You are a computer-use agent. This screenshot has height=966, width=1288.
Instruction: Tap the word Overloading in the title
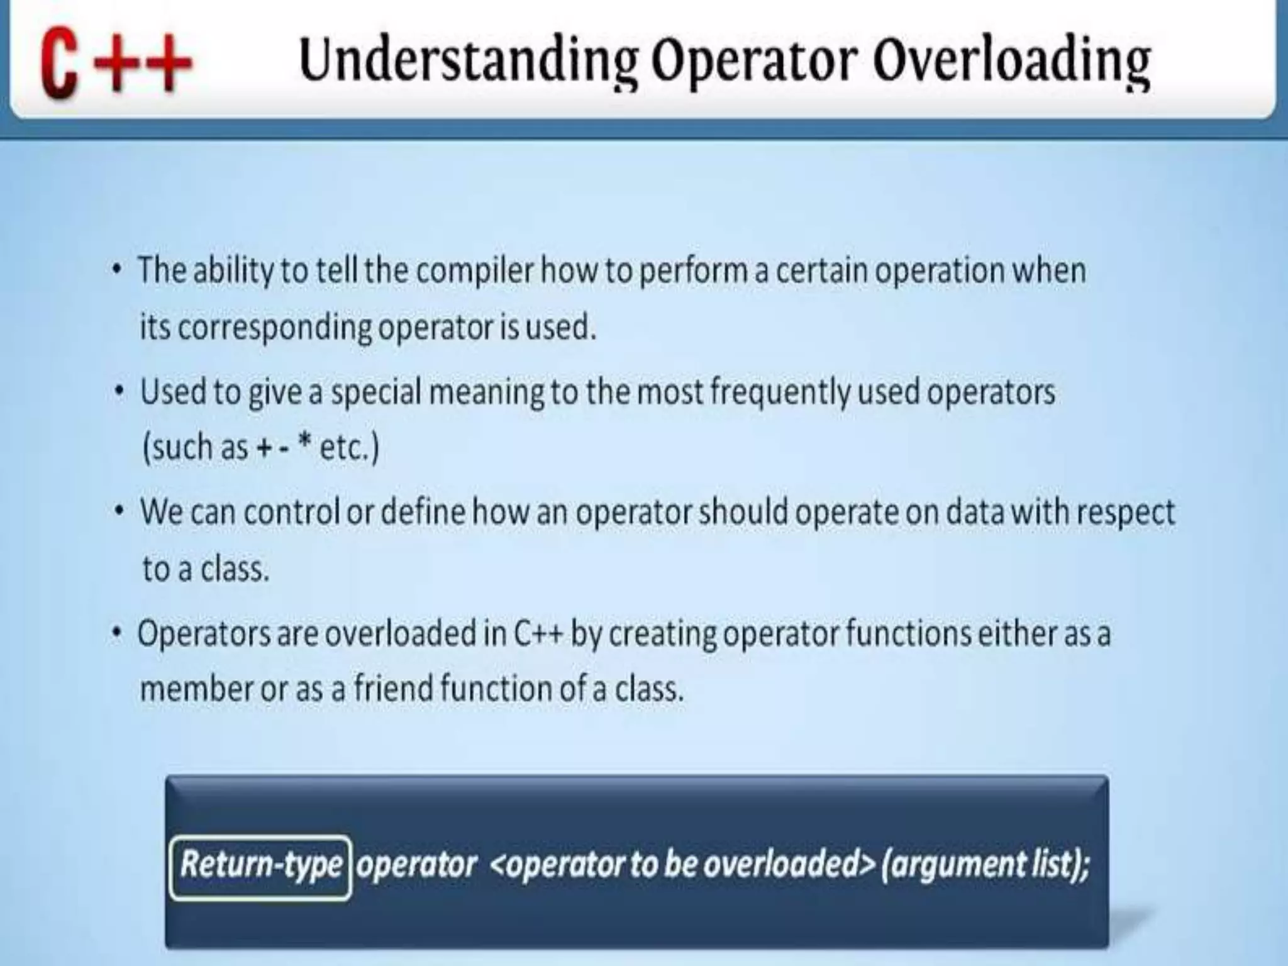click(x=1011, y=61)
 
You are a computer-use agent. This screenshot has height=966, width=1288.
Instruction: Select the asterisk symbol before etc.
click(x=305, y=443)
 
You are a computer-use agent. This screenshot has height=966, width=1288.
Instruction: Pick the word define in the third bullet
click(x=423, y=512)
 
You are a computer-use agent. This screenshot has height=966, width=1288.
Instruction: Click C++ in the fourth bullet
click(x=538, y=633)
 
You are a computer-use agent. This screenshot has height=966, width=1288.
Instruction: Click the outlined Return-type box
click(x=260, y=866)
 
